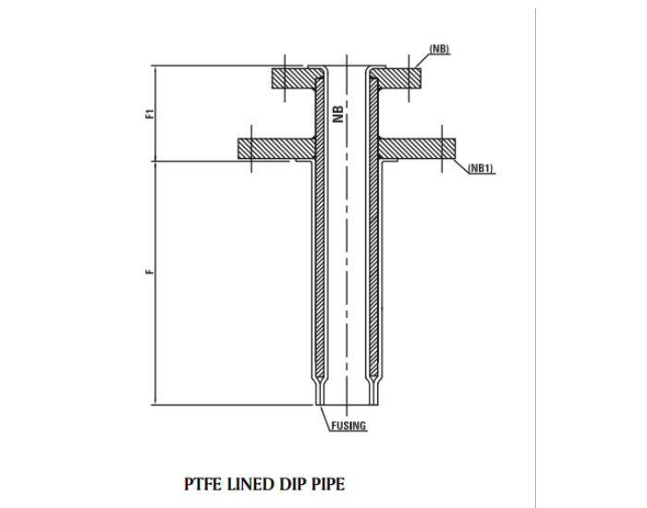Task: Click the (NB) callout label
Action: click(439, 48)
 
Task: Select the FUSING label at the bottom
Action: click(348, 426)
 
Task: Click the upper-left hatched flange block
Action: click(294, 78)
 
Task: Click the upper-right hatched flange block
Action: click(399, 78)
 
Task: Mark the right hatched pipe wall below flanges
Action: click(373, 268)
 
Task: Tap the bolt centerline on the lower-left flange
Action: click(251, 148)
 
